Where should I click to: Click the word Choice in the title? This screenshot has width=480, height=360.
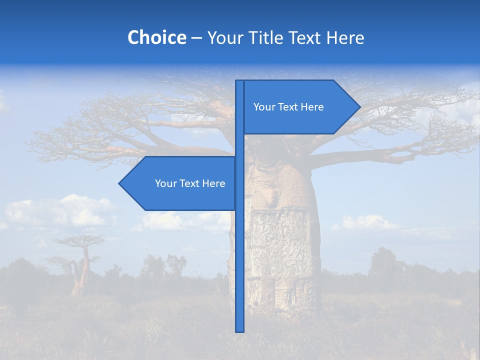tap(156, 37)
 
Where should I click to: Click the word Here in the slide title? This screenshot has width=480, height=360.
tap(345, 37)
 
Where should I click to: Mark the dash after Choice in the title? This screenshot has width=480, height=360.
tap(196, 38)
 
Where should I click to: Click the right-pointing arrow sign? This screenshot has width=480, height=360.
tap(300, 107)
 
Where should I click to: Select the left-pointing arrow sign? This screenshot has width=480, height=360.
tap(180, 183)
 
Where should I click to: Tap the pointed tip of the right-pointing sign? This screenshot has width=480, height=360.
tap(359, 107)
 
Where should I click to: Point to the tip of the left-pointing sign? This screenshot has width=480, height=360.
tap(120, 183)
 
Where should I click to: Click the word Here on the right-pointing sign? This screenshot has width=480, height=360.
tap(312, 107)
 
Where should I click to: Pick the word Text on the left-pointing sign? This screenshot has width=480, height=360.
tap(189, 183)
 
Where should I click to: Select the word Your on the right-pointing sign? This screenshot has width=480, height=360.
tap(264, 107)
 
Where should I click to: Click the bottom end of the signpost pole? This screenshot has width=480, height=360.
tap(240, 330)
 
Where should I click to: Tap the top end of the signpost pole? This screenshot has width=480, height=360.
tap(240, 82)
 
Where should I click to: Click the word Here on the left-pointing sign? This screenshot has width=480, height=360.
tap(213, 183)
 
